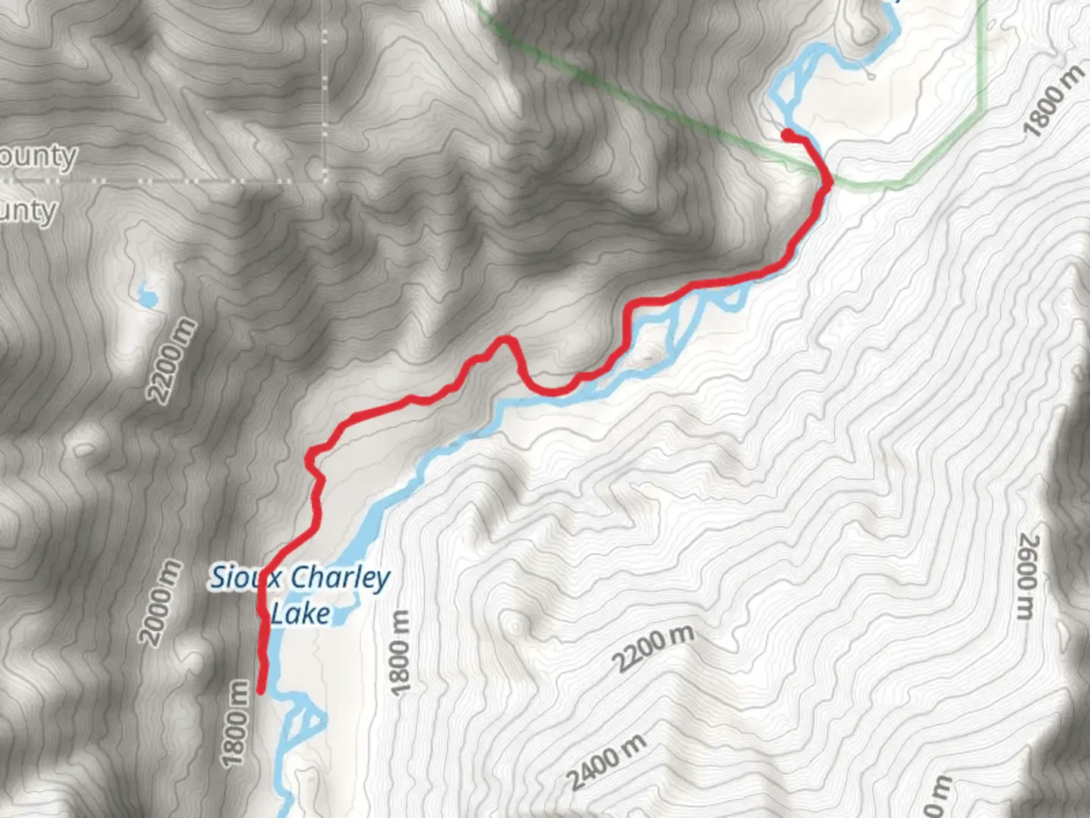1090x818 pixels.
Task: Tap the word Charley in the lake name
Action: click(340, 579)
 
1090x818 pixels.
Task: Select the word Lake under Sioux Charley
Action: click(301, 613)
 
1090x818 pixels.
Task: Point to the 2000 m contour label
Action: click(160, 603)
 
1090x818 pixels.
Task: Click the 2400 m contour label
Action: click(607, 761)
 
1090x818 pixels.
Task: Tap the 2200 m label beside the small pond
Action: click(171, 361)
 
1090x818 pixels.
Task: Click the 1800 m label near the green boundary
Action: click(1054, 101)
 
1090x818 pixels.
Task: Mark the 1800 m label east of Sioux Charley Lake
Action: click(400, 651)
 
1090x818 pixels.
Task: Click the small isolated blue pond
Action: click(146, 295)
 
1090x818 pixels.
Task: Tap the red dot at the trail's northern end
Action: click(787, 135)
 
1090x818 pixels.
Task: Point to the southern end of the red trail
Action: click(261, 690)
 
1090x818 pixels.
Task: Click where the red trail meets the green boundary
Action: click(827, 182)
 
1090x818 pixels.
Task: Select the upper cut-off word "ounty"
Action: click(38, 157)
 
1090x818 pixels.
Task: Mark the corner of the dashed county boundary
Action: click(326, 181)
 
